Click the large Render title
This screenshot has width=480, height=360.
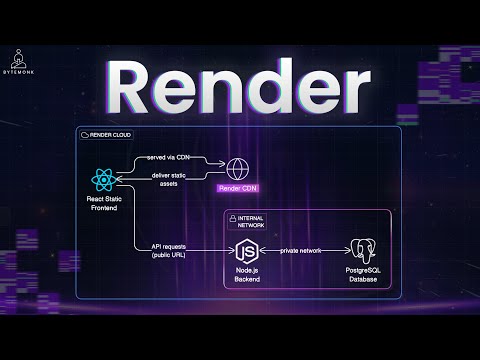pos(239,81)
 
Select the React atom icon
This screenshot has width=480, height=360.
pos(104,182)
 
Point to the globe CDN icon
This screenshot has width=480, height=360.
pos(241,168)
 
